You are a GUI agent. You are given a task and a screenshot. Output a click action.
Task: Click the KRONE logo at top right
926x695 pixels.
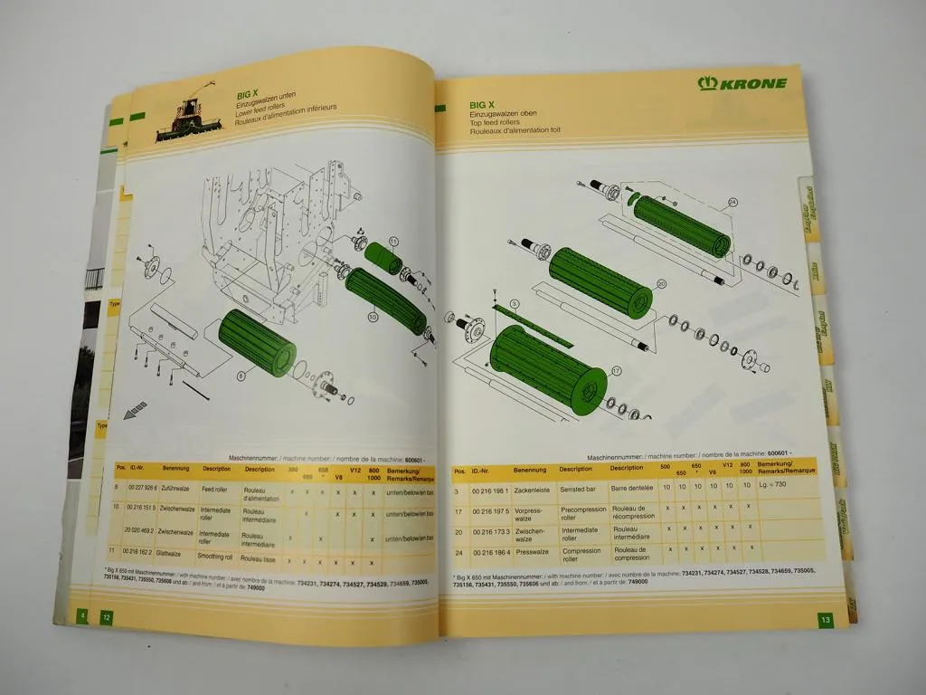742,83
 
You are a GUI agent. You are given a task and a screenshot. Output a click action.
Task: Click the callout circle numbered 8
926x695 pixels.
241,374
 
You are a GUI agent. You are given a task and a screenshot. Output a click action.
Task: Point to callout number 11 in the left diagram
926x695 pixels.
394,240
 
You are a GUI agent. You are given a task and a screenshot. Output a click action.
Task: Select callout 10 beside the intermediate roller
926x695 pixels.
372,318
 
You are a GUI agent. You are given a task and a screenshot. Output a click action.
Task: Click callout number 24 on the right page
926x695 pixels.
732,202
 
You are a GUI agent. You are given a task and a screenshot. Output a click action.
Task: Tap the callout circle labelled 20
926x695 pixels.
661,284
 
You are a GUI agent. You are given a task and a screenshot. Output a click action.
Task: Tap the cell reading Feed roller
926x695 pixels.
214,489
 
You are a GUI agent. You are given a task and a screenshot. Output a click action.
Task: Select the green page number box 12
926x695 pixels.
107,617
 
